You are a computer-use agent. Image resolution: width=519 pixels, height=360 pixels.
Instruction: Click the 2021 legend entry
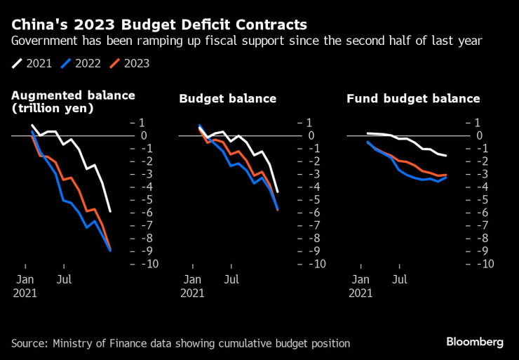(x=32, y=64)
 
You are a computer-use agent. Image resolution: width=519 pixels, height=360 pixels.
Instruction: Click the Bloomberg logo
(x=475, y=342)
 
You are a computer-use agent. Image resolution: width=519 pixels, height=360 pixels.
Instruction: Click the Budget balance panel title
(x=228, y=99)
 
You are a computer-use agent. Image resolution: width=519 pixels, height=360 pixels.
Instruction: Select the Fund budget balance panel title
(x=413, y=99)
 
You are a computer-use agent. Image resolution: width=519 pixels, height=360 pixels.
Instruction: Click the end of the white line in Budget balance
(x=278, y=192)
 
